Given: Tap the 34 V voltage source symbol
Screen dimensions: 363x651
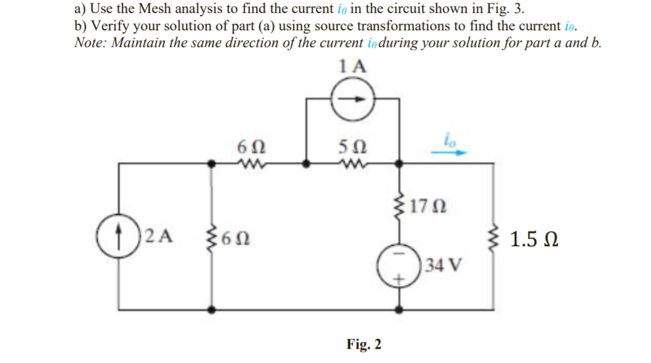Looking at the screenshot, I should [x=398, y=269].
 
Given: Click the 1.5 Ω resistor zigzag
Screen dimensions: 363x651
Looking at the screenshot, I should [x=493, y=239].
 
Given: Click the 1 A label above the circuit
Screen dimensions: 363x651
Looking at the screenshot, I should [x=353, y=67].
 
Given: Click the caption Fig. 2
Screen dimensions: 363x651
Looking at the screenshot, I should [x=364, y=343].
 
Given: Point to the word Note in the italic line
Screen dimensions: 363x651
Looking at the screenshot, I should [x=89, y=43].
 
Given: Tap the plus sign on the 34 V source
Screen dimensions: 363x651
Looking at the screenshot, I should [x=398, y=280].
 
